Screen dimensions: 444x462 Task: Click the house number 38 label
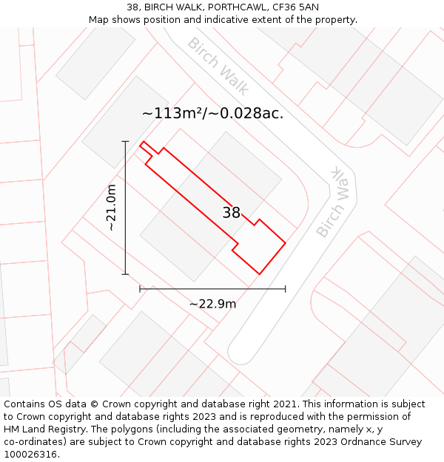(x=232, y=213)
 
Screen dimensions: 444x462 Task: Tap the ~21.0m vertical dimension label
(x=112, y=208)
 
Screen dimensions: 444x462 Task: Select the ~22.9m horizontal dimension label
(x=212, y=304)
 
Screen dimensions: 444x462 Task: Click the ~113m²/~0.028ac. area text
(x=212, y=113)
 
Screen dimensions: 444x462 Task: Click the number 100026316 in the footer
(x=30, y=454)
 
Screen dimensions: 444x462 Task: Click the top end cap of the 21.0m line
(x=126, y=141)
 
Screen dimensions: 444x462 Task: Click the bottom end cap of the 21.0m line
(x=126, y=274)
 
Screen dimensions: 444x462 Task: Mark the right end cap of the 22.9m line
(x=285, y=289)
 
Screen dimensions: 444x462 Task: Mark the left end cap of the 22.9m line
(x=140, y=289)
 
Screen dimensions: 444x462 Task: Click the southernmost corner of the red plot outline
(x=259, y=274)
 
